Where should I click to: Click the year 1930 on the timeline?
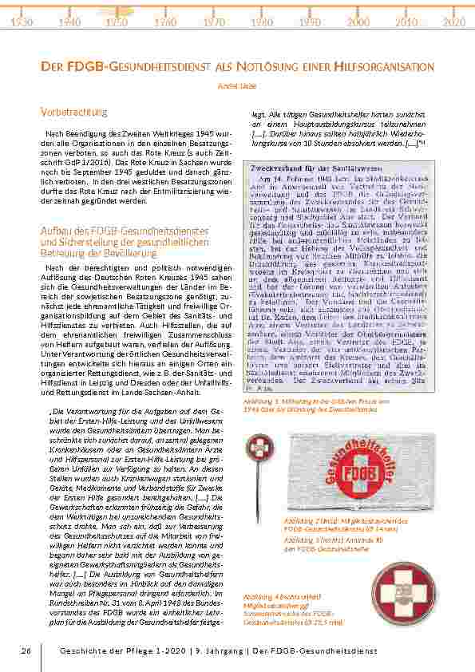coord(22,22)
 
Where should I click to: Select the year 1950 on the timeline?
coord(117,22)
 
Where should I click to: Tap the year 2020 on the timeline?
coord(453,22)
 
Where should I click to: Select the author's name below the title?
coord(237,82)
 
